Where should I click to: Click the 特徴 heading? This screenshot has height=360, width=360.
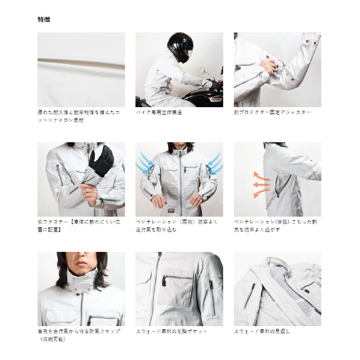tap(44, 19)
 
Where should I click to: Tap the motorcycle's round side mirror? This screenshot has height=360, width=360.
tap(202, 71)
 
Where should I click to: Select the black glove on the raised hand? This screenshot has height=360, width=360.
tap(101, 160)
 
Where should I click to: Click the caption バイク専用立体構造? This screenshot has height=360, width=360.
tap(159, 112)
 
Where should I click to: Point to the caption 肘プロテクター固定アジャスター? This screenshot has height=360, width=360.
tap(272, 112)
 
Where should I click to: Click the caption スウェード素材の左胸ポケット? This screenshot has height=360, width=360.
tap(172, 332)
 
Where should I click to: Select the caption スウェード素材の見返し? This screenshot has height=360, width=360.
tap(262, 332)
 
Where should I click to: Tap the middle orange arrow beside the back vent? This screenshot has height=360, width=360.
tap(261, 184)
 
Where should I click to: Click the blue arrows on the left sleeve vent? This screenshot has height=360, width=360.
tap(145, 163)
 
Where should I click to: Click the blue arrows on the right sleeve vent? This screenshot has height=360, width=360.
tap(215, 163)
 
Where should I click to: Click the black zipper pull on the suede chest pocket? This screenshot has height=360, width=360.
tap(164, 281)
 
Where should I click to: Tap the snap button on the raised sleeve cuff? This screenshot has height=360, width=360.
tap(307, 42)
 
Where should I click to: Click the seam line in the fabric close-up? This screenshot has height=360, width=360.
tap(81, 64)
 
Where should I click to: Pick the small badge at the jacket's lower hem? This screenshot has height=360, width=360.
tap(170, 210)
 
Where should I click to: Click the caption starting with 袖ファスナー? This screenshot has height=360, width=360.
tap(79, 225)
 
